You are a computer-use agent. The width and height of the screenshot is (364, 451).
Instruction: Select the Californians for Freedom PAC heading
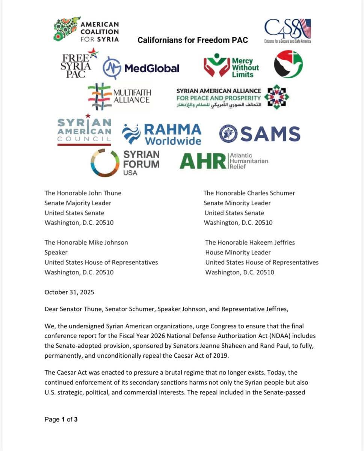pos(193,40)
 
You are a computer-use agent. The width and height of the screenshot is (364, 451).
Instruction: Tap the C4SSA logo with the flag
pos(287,30)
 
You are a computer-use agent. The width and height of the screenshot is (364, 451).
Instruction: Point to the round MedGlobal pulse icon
pos(112,68)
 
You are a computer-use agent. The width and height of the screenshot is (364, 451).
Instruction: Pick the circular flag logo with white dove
pos(288,64)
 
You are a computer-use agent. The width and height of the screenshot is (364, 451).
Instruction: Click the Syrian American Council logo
pos(84,131)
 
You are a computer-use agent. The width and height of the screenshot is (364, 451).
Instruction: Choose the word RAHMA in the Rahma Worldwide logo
pos(173,130)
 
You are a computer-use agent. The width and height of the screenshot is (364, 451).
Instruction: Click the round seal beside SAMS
pos(228,134)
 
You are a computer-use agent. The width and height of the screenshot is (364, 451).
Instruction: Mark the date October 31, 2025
pos(69,292)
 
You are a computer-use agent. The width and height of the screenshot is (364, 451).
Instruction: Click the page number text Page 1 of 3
pos(61,419)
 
